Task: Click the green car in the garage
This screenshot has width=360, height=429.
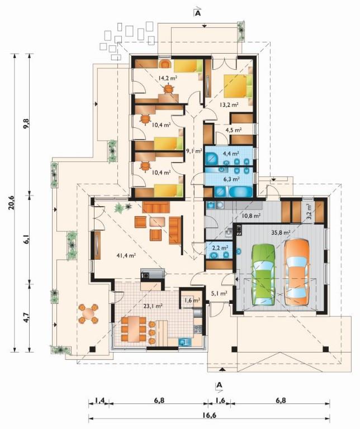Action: (263, 274)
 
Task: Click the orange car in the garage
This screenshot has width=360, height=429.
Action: (297, 272)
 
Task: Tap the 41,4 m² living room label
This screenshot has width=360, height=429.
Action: (126, 256)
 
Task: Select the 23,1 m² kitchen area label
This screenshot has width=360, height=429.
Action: (153, 306)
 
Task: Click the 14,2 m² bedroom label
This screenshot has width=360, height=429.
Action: (167, 78)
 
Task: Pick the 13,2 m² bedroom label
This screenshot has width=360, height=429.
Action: (229, 104)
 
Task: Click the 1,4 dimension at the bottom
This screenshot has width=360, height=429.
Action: (100, 401)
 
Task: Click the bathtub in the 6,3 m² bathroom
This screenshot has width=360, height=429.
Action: (240, 192)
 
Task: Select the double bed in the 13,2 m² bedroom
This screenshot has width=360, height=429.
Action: (238, 86)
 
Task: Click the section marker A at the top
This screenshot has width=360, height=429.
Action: (197, 13)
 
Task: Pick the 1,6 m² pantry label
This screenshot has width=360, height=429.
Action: (192, 300)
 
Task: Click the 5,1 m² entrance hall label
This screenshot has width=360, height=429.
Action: (220, 294)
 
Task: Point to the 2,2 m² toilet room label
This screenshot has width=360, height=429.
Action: (220, 248)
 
